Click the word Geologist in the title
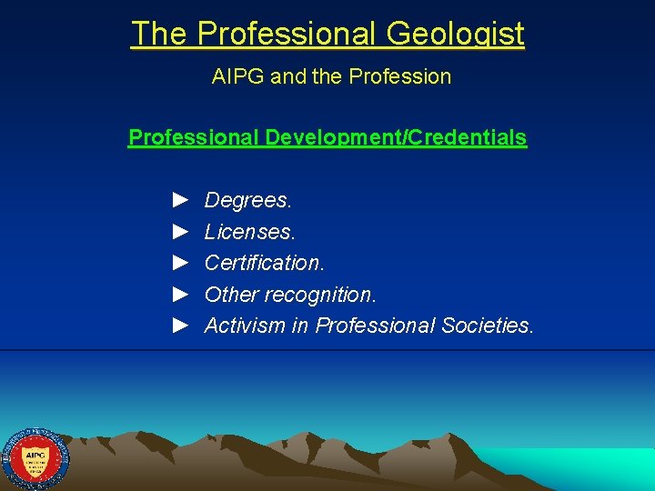[x=455, y=35]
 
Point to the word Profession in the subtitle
[x=406, y=76]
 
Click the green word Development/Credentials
[x=396, y=138]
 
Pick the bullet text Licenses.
[x=250, y=231]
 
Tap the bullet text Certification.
[x=265, y=263]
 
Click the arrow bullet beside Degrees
[x=180, y=198]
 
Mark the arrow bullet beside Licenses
[x=180, y=230]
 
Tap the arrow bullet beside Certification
[x=180, y=262]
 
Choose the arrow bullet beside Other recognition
[x=180, y=294]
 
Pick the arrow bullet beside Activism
[x=180, y=325]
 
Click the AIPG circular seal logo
[x=35, y=459]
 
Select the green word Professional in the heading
[x=194, y=138]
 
